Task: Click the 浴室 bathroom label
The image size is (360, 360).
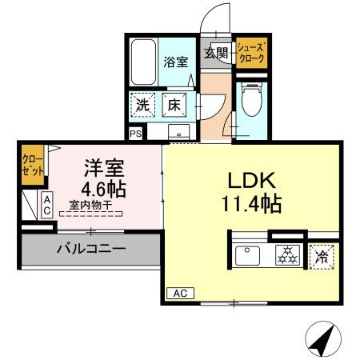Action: (177, 62)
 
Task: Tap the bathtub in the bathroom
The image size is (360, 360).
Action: (145, 62)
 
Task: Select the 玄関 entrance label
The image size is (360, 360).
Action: (216, 54)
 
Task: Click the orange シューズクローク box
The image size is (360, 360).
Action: (251, 54)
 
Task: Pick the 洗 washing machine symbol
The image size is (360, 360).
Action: (142, 104)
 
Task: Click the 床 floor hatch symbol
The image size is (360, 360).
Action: (174, 104)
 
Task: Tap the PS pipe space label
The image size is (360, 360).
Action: (135, 134)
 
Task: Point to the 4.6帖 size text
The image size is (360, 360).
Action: (105, 190)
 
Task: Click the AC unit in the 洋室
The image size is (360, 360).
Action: (47, 206)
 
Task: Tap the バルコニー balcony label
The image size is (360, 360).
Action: (90, 250)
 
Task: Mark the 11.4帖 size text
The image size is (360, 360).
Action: (251, 204)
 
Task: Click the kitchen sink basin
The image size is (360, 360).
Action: (249, 256)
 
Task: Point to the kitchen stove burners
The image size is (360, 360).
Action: (286, 256)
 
